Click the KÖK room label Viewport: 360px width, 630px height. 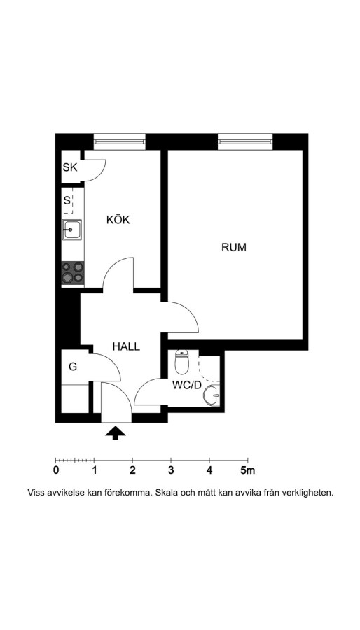tap(118, 220)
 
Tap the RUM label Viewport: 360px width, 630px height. tap(234, 248)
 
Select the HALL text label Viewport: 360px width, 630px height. tap(126, 346)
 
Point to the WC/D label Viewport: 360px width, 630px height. tap(186, 385)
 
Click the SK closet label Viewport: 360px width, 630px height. tap(70, 167)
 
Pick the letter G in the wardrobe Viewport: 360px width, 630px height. tap(73, 366)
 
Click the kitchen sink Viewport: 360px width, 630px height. tap(72, 230)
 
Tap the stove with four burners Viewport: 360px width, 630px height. tap(73, 273)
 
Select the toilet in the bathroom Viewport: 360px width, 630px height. tap(182, 362)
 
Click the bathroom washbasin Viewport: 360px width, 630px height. tap(212, 395)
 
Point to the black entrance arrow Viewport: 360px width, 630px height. tap(116, 433)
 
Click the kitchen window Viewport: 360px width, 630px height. tap(119, 141)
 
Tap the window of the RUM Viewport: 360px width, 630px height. tap(245, 141)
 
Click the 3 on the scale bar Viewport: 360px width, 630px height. tap(171, 470)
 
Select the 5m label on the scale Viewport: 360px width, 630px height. tap(247, 470)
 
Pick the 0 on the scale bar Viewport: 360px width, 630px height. tap(56, 470)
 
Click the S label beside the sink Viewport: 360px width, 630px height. tap(67, 200)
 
